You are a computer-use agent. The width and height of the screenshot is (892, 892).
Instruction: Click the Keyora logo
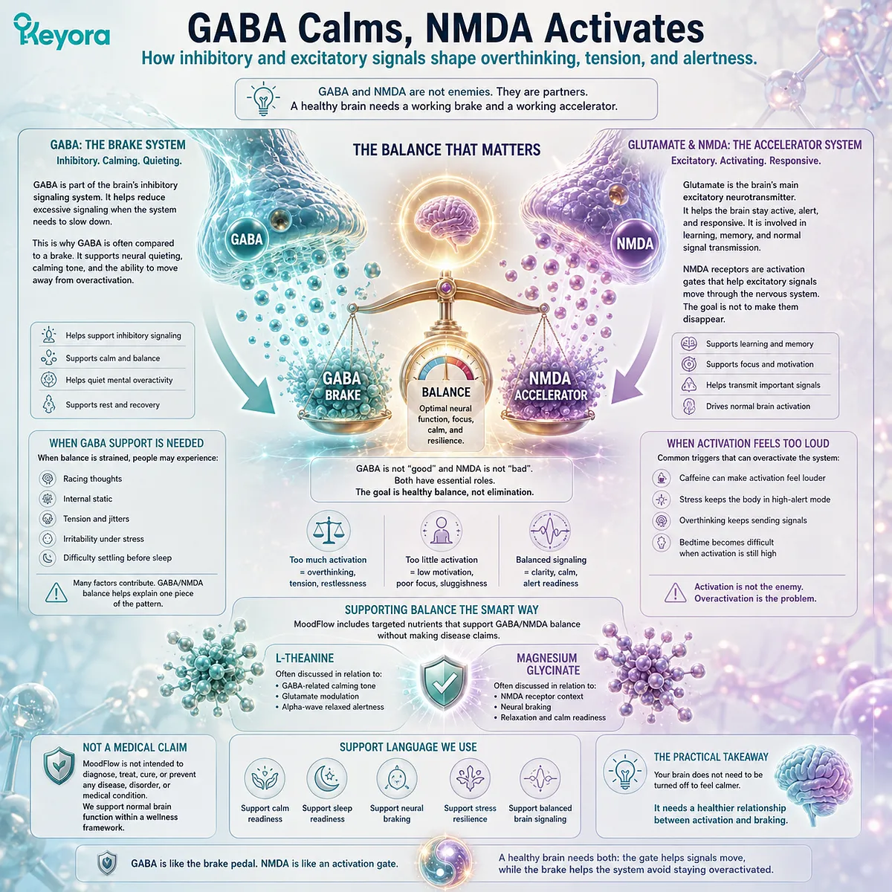pos(62,33)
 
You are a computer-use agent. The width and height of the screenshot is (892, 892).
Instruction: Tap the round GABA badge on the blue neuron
pos(247,239)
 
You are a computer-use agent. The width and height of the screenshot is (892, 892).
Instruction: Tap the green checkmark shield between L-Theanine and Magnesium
pos(444,683)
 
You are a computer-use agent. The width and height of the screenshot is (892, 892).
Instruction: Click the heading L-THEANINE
pos(305,658)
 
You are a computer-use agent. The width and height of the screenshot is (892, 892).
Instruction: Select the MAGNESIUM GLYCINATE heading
pos(547,664)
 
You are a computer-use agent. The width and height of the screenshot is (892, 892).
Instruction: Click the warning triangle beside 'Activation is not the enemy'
pos(676,592)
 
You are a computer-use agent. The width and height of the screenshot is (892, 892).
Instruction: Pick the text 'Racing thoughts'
pos(93,479)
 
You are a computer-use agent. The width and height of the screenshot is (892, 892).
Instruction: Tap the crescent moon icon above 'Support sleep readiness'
pos(327,778)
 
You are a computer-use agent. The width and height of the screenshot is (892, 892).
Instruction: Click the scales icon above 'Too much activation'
pos(329,531)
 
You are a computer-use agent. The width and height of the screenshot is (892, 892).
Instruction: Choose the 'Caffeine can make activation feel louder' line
pos(752,478)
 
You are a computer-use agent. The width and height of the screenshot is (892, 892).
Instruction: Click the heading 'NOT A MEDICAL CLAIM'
pos(135,747)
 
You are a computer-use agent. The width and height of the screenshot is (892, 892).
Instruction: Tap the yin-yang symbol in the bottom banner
pos(445,862)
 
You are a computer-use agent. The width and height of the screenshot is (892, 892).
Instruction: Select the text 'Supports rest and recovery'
pos(112,404)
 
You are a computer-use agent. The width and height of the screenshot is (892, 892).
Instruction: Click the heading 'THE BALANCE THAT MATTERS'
pos(446,149)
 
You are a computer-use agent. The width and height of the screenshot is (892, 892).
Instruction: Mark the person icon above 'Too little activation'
pos(440,531)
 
